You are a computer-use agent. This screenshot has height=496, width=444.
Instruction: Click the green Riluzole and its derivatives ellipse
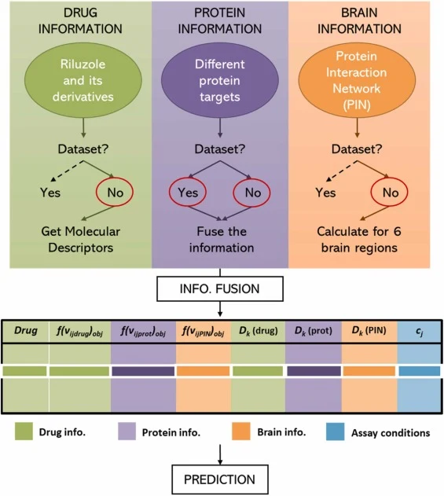click(83, 80)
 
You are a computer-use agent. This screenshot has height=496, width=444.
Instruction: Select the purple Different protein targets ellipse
click(220, 80)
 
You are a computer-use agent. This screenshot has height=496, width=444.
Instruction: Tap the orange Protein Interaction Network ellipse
click(357, 80)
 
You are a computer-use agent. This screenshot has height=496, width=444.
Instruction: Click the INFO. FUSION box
click(220, 288)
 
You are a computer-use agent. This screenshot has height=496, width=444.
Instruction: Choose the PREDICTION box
click(220, 479)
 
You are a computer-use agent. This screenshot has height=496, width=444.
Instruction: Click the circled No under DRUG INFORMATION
click(115, 193)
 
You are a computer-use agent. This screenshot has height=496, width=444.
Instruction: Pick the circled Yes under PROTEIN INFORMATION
click(188, 193)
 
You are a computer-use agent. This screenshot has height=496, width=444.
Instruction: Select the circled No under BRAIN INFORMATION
click(389, 193)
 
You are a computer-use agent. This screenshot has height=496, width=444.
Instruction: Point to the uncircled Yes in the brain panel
click(325, 193)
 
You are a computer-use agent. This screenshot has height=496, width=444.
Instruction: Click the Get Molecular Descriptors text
click(81, 240)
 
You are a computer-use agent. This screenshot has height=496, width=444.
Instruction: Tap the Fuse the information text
click(222, 240)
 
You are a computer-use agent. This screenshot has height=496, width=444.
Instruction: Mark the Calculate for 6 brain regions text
click(359, 240)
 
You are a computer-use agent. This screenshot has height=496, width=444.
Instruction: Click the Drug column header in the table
click(26, 331)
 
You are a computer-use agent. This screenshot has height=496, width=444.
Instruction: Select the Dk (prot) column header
click(314, 331)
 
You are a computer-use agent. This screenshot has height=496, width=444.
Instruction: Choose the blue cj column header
click(420, 332)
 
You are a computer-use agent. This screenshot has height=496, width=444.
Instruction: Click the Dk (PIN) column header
click(369, 331)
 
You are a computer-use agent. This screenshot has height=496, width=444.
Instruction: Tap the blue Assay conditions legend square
click(336, 432)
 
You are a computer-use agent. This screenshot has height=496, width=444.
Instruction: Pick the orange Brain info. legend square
click(241, 432)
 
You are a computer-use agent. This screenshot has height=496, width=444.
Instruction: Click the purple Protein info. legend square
click(127, 432)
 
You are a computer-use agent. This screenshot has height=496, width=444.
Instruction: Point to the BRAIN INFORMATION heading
click(359, 21)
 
